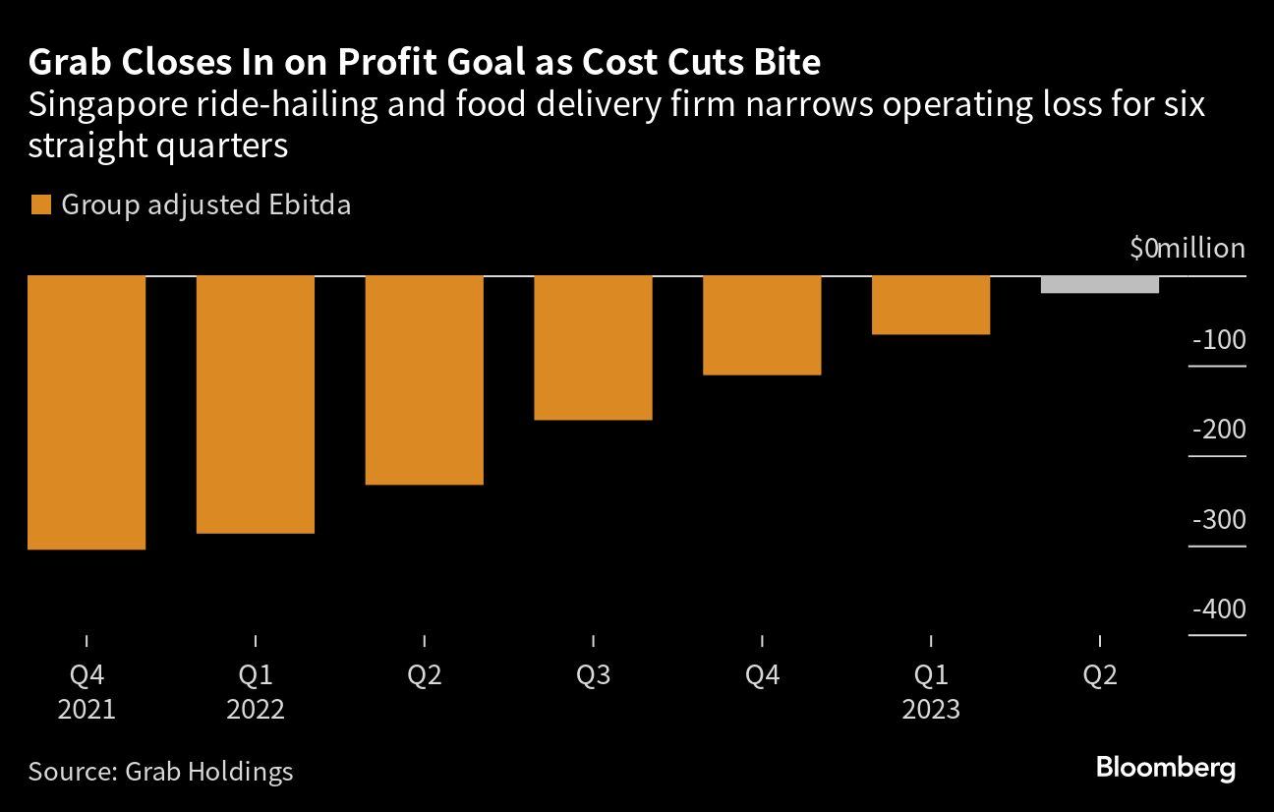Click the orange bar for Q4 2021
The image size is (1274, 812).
click(x=87, y=412)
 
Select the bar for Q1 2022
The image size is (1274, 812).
click(x=256, y=404)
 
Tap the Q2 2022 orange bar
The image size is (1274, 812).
click(x=425, y=379)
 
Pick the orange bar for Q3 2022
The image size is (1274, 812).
click(x=594, y=347)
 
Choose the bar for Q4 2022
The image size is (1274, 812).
click(x=763, y=324)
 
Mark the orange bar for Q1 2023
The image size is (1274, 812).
click(x=931, y=305)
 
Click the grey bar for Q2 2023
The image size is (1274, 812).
click(x=1100, y=284)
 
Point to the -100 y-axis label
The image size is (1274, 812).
click(x=1219, y=340)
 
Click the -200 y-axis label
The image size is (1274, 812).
click(x=1219, y=431)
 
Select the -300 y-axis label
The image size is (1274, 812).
click(x=1219, y=520)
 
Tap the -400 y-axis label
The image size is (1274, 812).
click(x=1219, y=609)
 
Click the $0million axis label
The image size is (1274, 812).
click(x=1187, y=249)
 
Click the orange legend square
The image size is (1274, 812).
click(x=41, y=205)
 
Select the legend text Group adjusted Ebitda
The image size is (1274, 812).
click(x=206, y=205)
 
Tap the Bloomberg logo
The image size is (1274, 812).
click(x=1166, y=768)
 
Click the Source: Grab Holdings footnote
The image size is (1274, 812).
click(x=161, y=771)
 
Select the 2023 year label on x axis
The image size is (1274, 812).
click(x=931, y=710)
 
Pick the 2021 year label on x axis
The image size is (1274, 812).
click(x=87, y=710)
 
